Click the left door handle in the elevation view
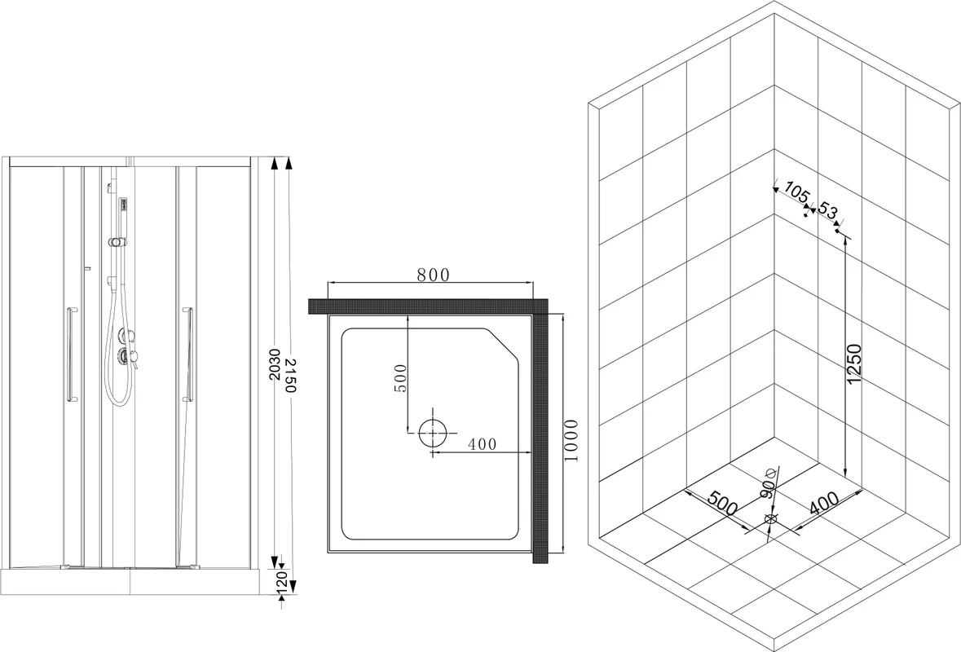pyautogui.click(x=71, y=355)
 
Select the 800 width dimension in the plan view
pyautogui.click(x=432, y=275)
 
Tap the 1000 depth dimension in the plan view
pyautogui.click(x=571, y=440)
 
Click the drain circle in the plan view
pyautogui.click(x=433, y=432)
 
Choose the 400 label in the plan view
pyautogui.click(x=483, y=444)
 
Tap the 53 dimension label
pyautogui.click(x=827, y=211)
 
